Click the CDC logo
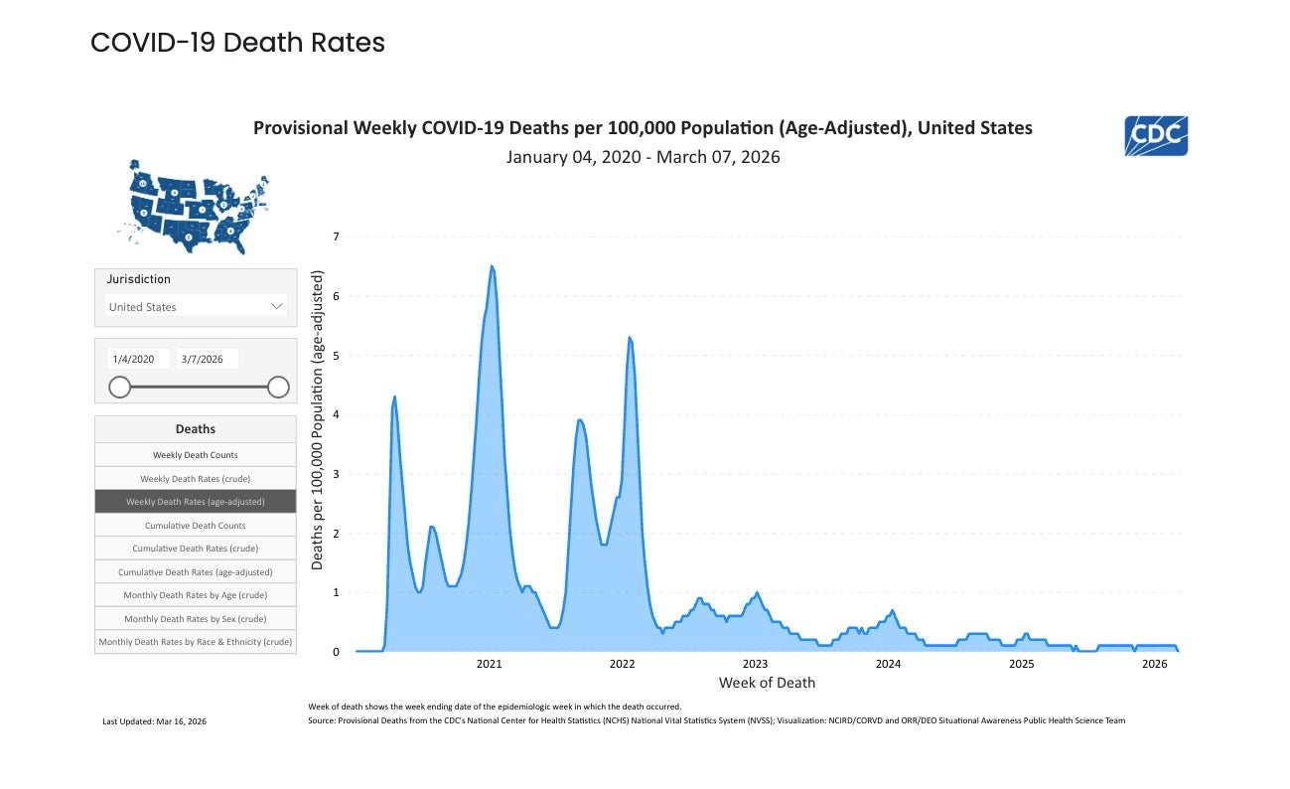[1156, 136]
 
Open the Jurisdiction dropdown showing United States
[196, 307]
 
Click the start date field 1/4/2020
[137, 359]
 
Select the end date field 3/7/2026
[207, 359]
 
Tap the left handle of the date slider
[119, 387]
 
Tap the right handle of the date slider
[278, 387]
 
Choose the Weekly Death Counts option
[196, 455]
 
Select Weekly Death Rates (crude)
[196, 479]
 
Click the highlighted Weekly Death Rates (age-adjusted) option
[196, 502]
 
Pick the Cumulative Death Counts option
[196, 526]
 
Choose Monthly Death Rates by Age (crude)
[196, 595]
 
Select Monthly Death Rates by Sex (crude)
[196, 618]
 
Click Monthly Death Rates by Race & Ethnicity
[196, 642]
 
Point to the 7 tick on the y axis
[336, 237]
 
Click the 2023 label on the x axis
[755, 664]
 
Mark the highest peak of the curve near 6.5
[492, 266]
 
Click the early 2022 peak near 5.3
[629, 338]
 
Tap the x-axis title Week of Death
[767, 683]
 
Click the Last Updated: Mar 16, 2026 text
[155, 720]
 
